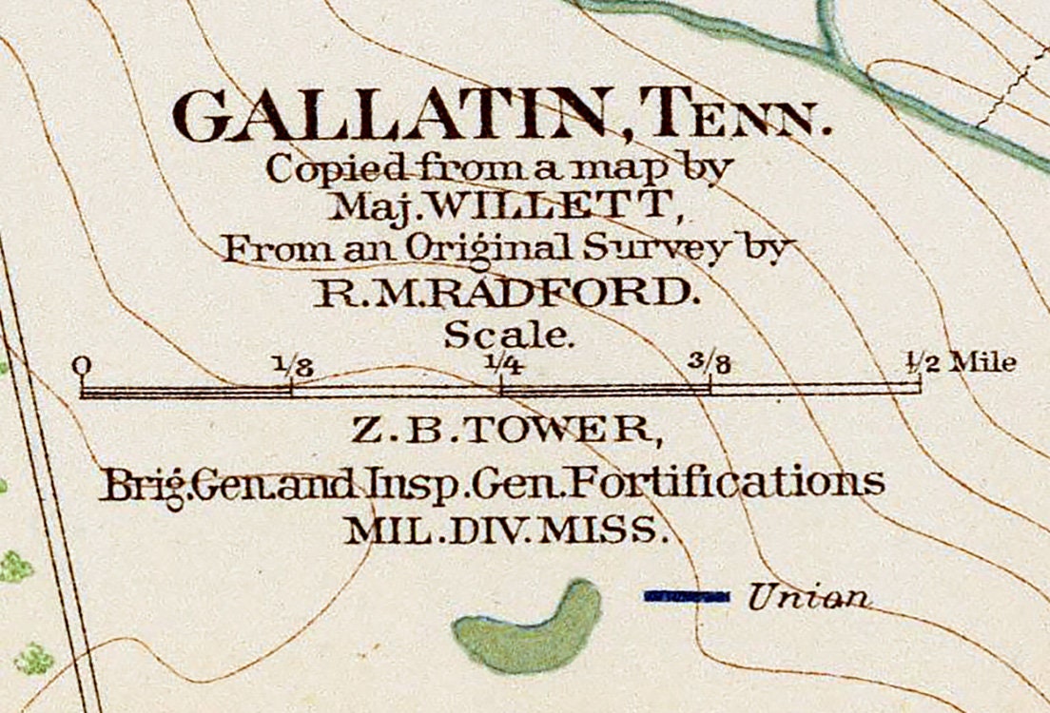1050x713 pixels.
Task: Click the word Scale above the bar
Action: [x=510, y=335]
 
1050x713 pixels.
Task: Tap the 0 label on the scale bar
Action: [x=84, y=364]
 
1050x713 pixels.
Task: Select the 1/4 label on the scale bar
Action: [x=500, y=363]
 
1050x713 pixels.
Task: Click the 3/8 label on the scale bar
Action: [x=710, y=363]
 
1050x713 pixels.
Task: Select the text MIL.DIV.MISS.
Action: [x=504, y=530]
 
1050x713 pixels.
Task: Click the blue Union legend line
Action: [x=686, y=596]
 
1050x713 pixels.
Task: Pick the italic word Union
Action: [x=808, y=596]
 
